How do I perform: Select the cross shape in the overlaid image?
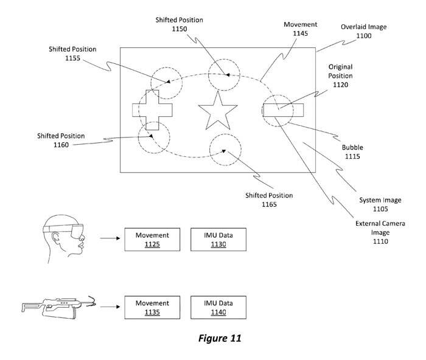152,109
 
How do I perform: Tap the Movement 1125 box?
149,239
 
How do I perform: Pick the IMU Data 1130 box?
214,239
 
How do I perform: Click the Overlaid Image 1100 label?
364,32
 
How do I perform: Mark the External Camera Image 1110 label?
377,232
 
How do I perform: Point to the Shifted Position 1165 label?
269,200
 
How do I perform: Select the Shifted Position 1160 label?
60,140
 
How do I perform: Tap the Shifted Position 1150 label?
178,24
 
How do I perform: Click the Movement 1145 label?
300,29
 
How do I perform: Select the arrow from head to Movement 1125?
109,239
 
